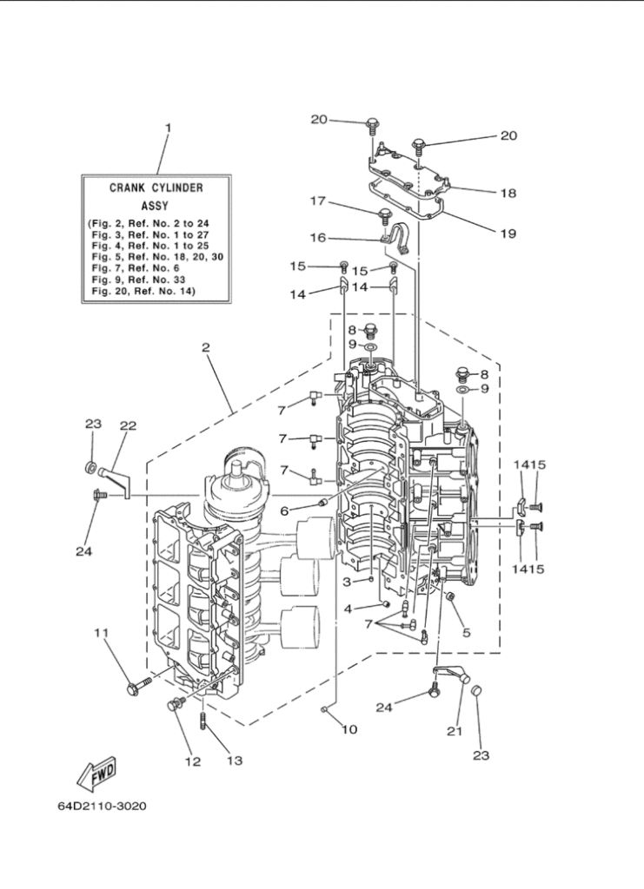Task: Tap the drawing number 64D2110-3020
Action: [x=102, y=806]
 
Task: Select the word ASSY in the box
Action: [x=155, y=207]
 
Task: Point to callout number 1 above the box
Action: [x=168, y=128]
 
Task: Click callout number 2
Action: [x=206, y=347]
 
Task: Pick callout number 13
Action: [x=235, y=761]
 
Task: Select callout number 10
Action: [x=349, y=729]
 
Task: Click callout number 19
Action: [x=508, y=234]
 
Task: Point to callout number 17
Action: [x=318, y=201]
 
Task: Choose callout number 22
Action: [x=129, y=425]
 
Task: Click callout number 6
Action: [x=284, y=510]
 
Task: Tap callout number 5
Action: [x=467, y=632]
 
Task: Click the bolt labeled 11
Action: [x=140, y=684]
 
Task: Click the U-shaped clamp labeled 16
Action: [x=396, y=238]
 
